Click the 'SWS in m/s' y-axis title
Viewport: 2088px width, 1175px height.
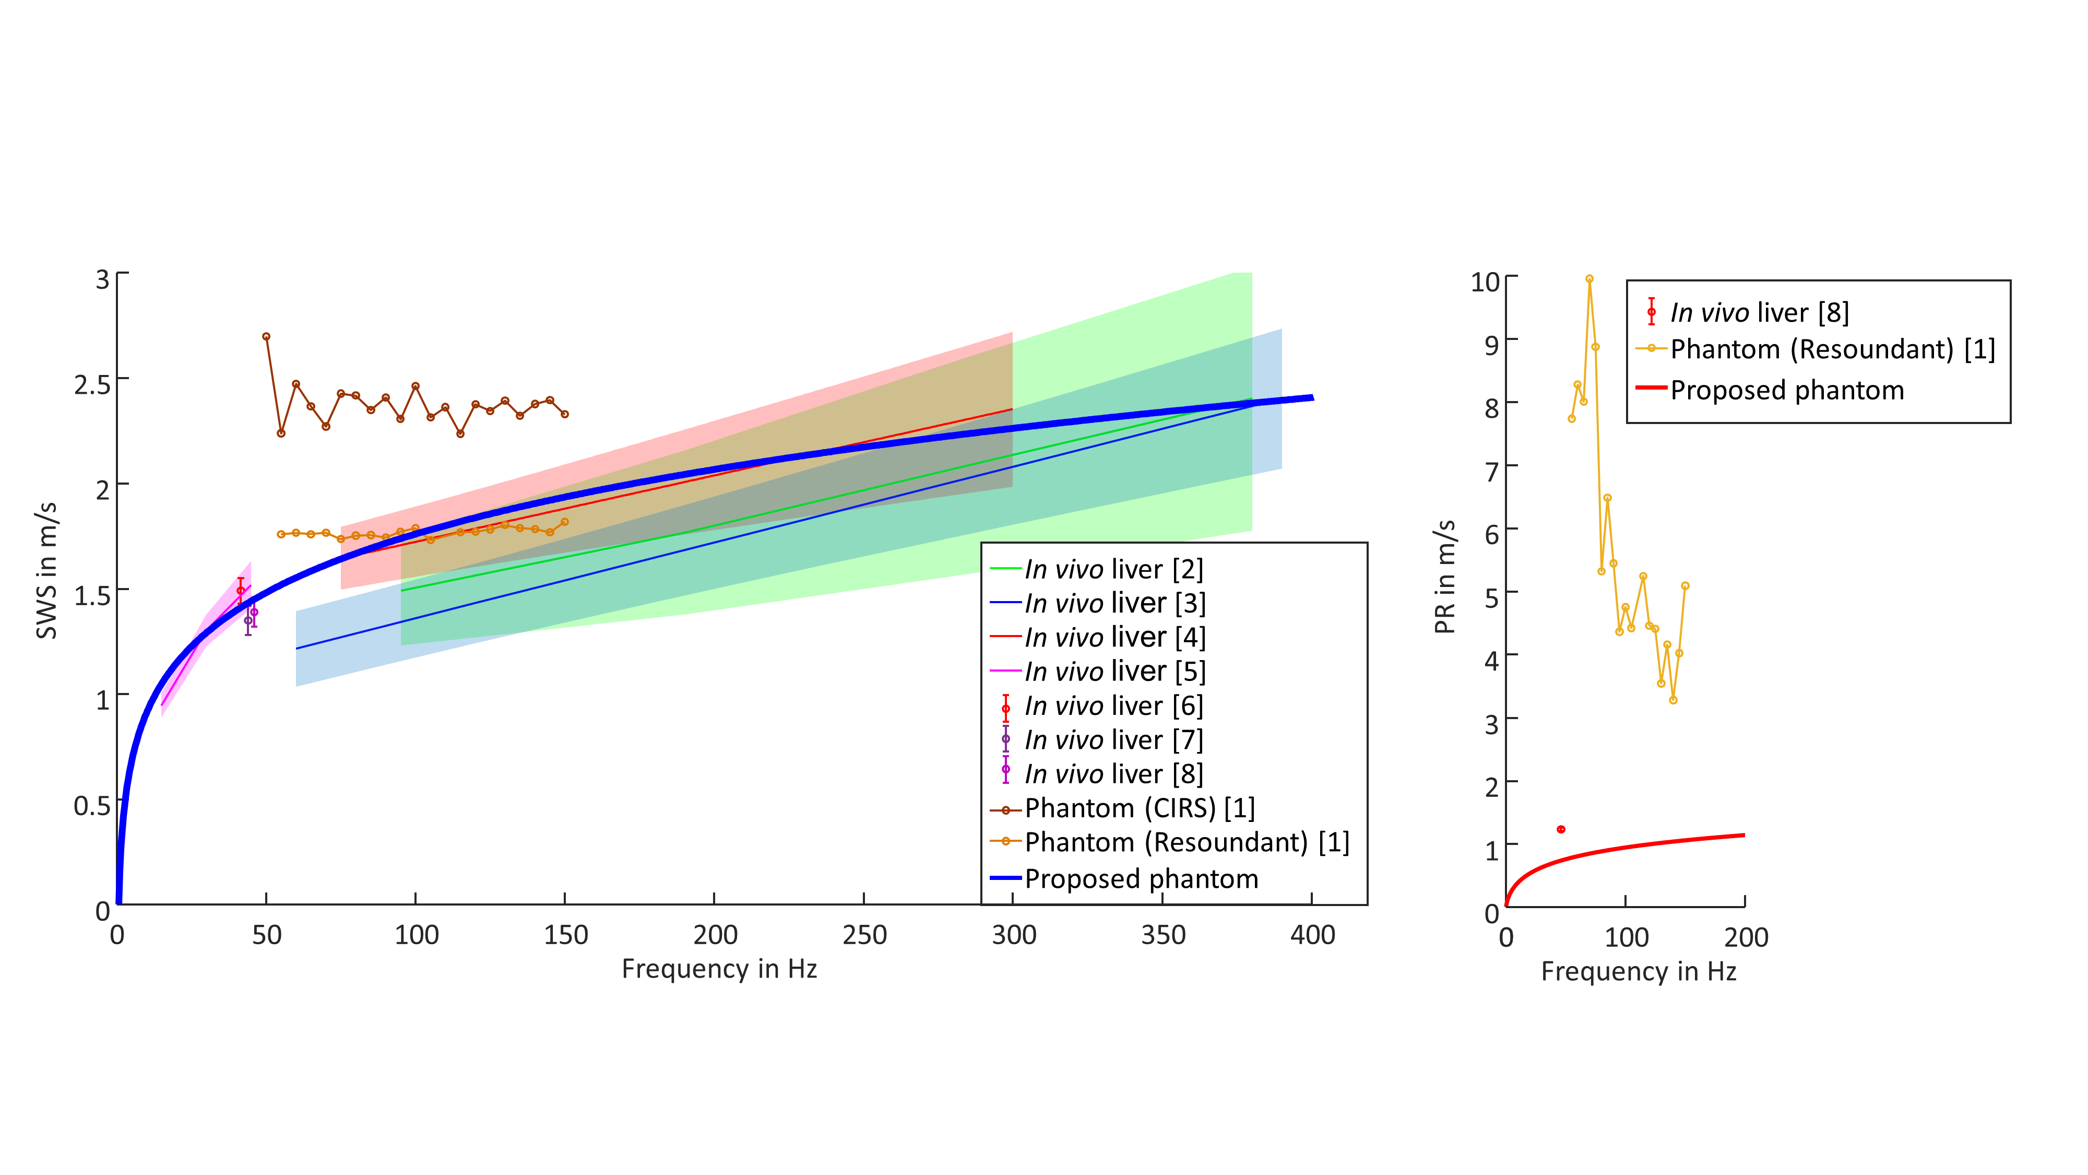click(46, 570)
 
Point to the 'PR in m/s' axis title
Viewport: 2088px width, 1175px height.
click(1444, 577)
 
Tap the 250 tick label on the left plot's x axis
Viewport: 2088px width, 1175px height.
click(864, 935)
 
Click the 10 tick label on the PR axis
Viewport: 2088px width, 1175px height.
click(1485, 282)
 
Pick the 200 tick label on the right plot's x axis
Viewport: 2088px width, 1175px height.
click(1745, 937)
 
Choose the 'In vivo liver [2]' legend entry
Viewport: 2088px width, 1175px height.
click(1113, 569)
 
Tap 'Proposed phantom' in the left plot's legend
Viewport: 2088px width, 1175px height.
click(1141, 878)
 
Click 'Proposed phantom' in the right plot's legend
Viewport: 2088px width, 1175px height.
click(1786, 390)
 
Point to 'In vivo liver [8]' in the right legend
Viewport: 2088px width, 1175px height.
click(1759, 312)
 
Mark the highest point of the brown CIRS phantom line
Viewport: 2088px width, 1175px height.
click(266, 336)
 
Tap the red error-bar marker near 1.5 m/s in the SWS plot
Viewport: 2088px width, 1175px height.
click(241, 590)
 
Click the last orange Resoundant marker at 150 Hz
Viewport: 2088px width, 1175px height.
click(565, 522)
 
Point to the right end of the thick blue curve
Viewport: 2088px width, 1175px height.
click(1311, 397)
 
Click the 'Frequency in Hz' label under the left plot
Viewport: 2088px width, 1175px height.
click(719, 969)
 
